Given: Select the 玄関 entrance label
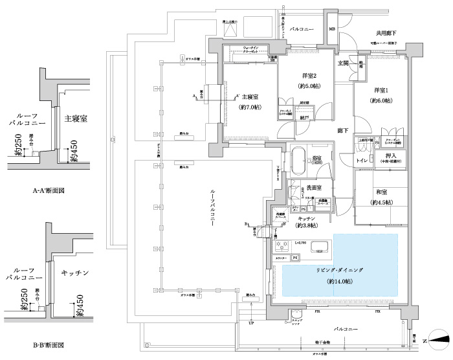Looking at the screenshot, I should coord(343,63).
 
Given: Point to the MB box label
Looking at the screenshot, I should coord(331,28).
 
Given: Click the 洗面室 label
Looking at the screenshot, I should coord(315,188).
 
